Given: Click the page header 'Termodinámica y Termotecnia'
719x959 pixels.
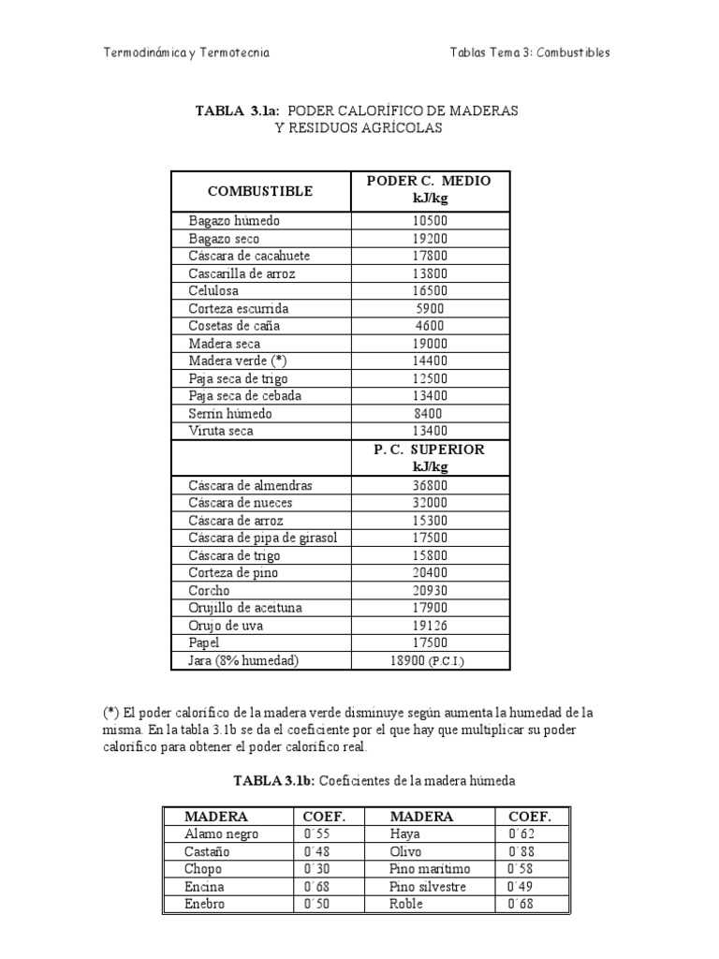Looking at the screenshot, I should coord(186,52).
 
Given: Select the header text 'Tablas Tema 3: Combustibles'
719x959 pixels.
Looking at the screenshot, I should coord(530,52).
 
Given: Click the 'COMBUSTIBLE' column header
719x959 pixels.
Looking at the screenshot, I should coord(260,191).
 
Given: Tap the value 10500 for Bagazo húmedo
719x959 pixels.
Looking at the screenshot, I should coord(430,221).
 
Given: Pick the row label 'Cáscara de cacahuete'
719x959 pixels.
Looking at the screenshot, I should coord(249,256).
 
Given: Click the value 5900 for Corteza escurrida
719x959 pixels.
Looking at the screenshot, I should coord(430,308).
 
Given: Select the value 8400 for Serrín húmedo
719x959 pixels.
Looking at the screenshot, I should coord(430,413).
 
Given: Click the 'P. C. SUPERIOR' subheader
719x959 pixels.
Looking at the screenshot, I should coord(430,450).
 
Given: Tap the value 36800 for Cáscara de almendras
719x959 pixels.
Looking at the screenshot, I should coord(430,486).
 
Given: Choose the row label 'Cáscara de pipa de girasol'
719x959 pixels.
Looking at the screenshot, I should coord(262,539).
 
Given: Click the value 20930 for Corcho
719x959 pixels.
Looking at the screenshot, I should coord(430,591).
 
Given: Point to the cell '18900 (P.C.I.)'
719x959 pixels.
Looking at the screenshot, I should coord(430,661).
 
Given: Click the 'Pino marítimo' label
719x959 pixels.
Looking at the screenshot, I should coord(430,869).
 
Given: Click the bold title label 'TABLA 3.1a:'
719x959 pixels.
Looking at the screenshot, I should coord(238,111).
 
